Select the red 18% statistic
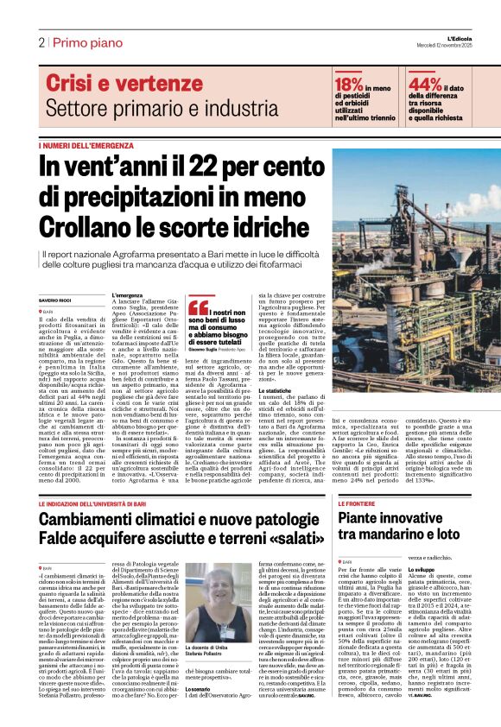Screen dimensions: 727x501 pyautogui.click(x=348, y=84)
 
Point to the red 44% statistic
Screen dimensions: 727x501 pyautogui.click(x=424, y=84)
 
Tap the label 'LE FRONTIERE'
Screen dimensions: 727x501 pyautogui.click(x=356, y=503)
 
